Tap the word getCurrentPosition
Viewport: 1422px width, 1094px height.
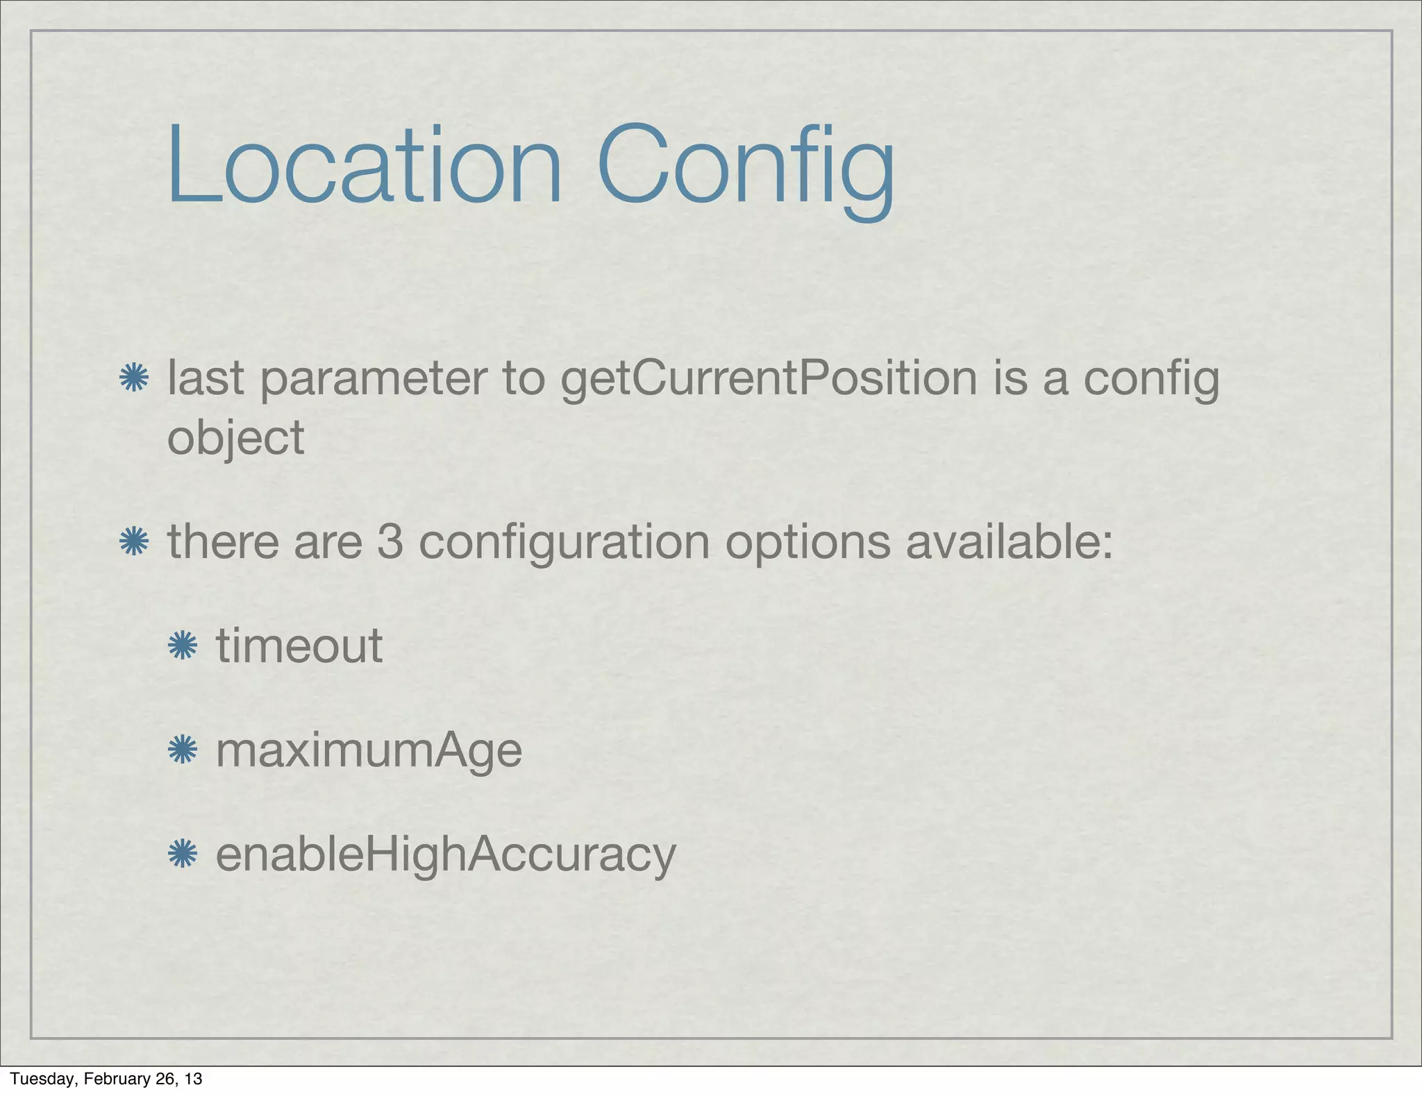point(769,380)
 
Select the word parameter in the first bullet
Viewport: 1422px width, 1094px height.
point(373,380)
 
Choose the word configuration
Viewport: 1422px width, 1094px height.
point(564,544)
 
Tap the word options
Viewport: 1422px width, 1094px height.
point(808,544)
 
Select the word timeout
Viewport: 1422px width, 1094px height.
point(299,646)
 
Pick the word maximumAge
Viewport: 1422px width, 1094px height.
point(369,751)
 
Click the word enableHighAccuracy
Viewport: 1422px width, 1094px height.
point(446,855)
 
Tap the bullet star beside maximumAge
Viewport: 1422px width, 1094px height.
point(183,750)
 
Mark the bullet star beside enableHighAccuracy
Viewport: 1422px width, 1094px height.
point(183,854)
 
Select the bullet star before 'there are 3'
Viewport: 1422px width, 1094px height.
point(133,541)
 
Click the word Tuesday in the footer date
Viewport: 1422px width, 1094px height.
point(42,1078)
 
